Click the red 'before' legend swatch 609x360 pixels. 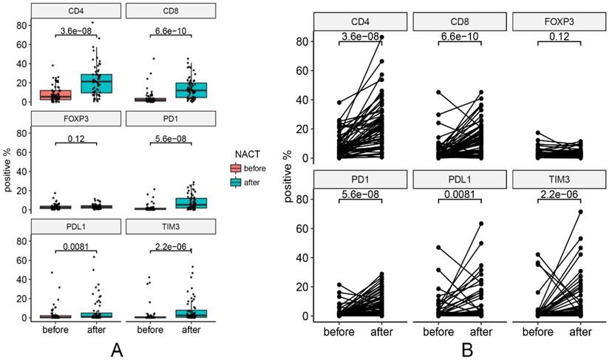pos(238,168)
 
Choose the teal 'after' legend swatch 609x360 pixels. pos(238,181)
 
